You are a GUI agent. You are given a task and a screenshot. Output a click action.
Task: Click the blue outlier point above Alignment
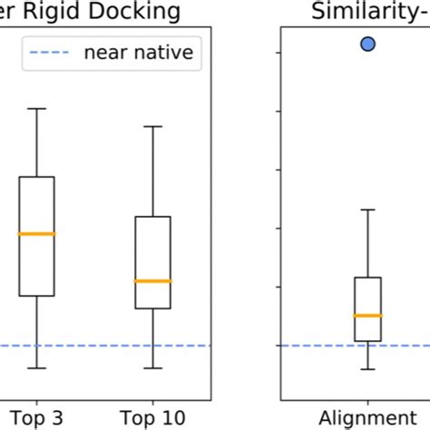pyautogui.click(x=367, y=43)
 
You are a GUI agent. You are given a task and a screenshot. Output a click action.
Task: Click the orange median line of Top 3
pyautogui.click(x=37, y=234)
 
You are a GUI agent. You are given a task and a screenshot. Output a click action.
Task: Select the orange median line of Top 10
pyautogui.click(x=152, y=281)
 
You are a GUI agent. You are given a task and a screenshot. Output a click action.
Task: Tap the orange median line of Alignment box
pyautogui.click(x=367, y=315)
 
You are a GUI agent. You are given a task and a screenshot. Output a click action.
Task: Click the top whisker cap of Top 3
pyautogui.click(x=37, y=109)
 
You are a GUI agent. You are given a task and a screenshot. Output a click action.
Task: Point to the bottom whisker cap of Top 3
pyautogui.click(x=37, y=368)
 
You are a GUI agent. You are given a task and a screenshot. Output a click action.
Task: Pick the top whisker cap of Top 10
pyautogui.click(x=152, y=126)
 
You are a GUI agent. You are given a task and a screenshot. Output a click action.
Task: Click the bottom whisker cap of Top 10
pyautogui.click(x=152, y=368)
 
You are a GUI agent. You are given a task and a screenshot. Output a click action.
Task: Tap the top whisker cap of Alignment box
pyautogui.click(x=367, y=210)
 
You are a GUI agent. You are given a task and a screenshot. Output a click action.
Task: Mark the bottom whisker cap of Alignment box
pyautogui.click(x=367, y=369)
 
